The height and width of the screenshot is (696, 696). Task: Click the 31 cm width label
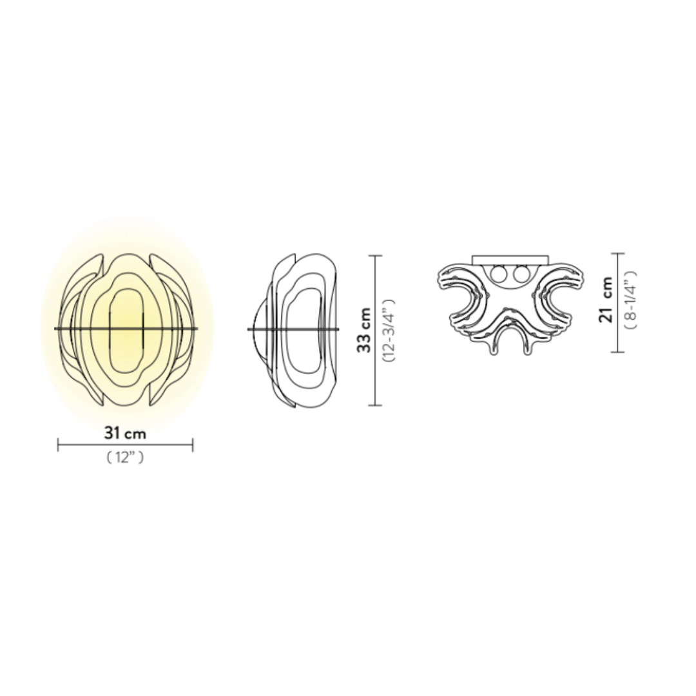tap(125, 433)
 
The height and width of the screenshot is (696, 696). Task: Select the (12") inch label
tap(125, 458)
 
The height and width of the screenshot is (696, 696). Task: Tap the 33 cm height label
tap(365, 330)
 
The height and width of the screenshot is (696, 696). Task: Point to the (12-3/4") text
tap(388, 330)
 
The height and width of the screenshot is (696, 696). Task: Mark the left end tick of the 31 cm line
tap(58, 444)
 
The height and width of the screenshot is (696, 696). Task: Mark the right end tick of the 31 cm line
tap(193, 444)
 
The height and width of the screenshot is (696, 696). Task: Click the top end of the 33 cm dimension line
tap(375, 256)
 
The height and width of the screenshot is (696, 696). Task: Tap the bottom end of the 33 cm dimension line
tap(375, 405)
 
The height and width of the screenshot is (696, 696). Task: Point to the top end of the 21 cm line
tap(618, 253)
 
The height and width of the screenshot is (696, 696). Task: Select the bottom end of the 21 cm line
tap(618, 352)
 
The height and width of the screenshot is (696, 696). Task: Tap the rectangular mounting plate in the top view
tap(509, 259)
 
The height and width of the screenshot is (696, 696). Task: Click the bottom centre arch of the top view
tap(509, 329)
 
